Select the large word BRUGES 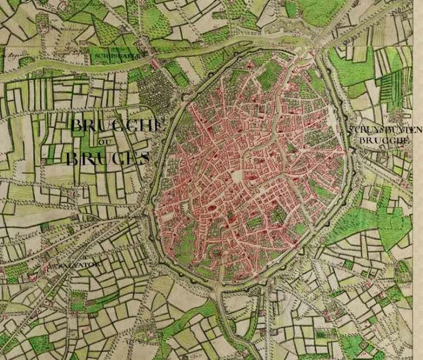click(107, 158)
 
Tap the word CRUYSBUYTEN click(386, 130)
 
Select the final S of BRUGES click(143, 158)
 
